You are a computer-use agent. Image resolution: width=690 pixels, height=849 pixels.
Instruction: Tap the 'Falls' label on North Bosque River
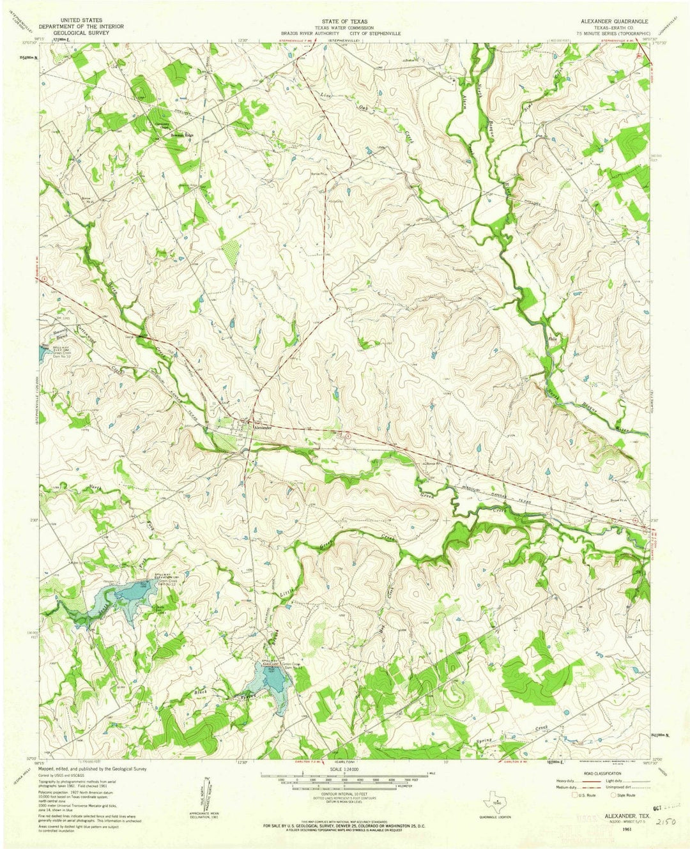click(x=553, y=339)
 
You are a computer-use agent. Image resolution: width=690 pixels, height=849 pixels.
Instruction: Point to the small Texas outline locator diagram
click(x=496, y=799)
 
